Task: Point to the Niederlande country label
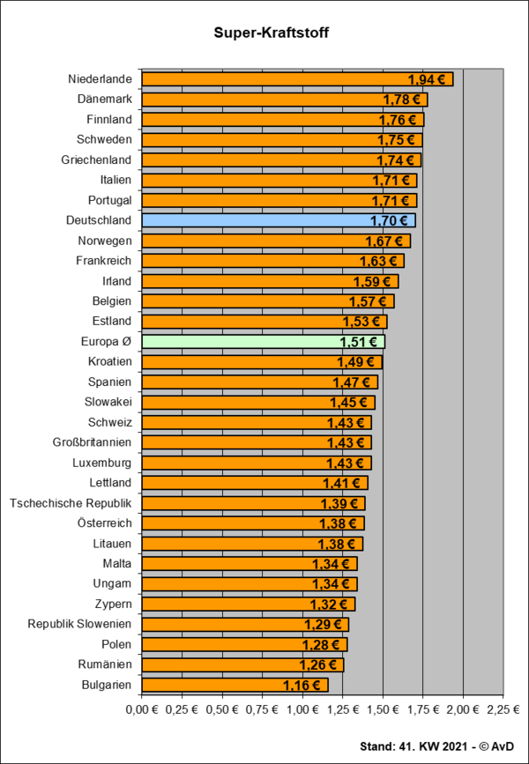coord(100,79)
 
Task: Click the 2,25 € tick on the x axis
coord(503,708)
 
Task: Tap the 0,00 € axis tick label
coord(141,708)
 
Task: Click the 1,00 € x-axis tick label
coord(302,708)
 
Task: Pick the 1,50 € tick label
coord(382,708)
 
